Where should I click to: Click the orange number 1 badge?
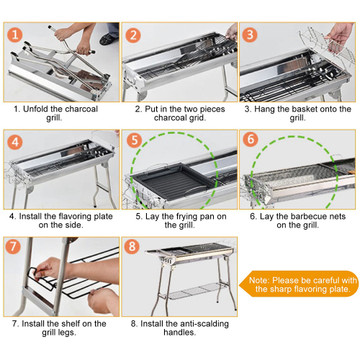[14, 35]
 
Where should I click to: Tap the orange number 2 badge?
[133, 35]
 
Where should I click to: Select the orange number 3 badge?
[250, 35]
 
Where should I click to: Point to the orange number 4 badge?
[14, 142]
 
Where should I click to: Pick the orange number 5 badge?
[134, 141]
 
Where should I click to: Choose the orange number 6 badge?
[251, 140]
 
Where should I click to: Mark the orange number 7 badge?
[14, 247]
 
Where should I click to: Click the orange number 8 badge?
[132, 247]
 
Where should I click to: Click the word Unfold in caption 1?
[33, 109]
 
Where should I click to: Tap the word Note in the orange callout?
[259, 280]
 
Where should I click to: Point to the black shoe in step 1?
[109, 39]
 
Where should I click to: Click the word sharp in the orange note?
[280, 289]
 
